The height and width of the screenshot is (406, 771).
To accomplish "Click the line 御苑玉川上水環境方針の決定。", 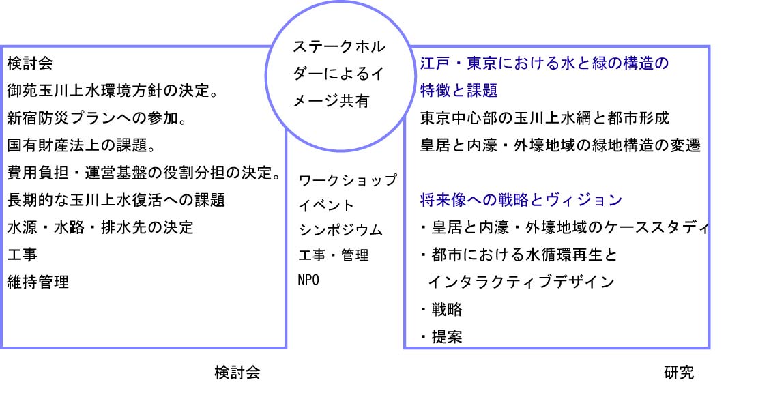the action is [113, 91].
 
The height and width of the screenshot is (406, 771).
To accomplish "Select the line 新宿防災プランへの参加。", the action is [97, 118].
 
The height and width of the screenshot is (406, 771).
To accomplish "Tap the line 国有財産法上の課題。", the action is [82, 145].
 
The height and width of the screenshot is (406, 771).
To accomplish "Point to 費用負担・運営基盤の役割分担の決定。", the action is [144, 173].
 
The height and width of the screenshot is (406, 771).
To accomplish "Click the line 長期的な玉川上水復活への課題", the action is [116, 200].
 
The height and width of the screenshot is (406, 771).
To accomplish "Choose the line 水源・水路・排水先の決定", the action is [100, 228].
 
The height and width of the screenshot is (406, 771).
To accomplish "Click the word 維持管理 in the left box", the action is [38, 282].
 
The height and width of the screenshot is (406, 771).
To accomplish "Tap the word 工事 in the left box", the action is [22, 255].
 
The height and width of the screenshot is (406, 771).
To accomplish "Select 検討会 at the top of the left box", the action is [30, 63].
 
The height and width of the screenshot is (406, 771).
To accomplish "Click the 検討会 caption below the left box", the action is [237, 373].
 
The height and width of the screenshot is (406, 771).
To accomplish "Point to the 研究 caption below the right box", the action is [679, 373].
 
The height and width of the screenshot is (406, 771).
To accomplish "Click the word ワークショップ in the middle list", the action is [348, 180].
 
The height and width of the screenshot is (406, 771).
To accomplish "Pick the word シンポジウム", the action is [340, 230].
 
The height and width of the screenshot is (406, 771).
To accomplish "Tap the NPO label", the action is [309, 280].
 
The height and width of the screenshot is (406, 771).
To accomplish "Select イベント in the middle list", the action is [326, 205].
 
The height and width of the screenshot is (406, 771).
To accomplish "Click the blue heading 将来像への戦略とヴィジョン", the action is [521, 200].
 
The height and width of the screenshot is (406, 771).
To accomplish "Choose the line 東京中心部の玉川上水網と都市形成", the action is [544, 118].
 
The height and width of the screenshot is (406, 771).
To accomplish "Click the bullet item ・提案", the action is [441, 336].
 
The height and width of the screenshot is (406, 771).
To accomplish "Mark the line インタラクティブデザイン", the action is [521, 282].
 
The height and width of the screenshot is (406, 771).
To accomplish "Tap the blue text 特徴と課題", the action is [459, 91].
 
